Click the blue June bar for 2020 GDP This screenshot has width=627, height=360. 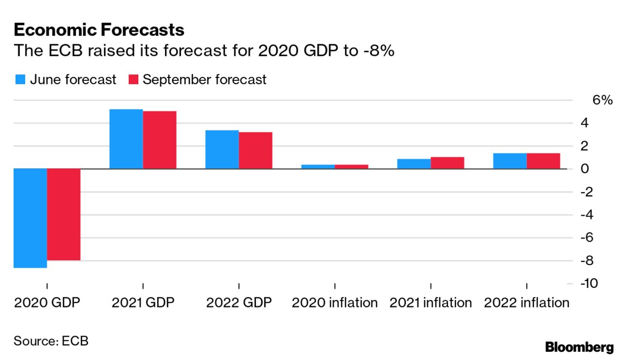coord(30,218)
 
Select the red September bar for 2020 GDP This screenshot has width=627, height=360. coord(64,215)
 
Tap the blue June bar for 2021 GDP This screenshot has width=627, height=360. coord(126,139)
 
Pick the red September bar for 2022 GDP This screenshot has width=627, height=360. coord(255,150)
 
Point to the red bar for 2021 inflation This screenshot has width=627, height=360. coord(448,163)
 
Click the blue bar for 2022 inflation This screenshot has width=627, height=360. coord(510,161)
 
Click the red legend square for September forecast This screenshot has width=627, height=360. coord(133,79)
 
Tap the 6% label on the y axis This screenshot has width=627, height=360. coord(602,100)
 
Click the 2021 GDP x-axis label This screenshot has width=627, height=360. coord(143,303)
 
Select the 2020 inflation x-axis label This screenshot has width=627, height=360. coord(335,303)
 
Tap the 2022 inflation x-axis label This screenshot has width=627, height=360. coord(527,303)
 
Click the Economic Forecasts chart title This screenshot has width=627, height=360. coord(99,30)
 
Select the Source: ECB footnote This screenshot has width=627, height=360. coord(51,341)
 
